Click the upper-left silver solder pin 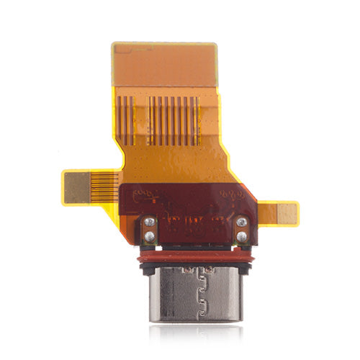150,223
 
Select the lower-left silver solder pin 149,236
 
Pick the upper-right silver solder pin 243,222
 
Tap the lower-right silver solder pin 243,235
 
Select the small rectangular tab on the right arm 287,212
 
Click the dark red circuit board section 194,212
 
